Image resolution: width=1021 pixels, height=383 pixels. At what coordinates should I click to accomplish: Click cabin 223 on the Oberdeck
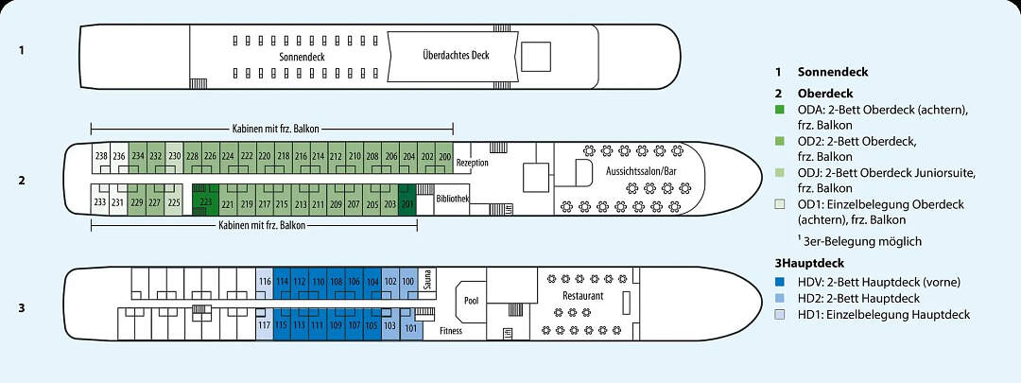point(205,200)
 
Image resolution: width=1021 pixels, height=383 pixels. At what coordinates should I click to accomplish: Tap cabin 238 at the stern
point(101,156)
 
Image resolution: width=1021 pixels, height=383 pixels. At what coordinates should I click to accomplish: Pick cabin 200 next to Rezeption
point(445,156)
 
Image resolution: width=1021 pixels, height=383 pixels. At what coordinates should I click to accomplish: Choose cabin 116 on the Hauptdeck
point(265,282)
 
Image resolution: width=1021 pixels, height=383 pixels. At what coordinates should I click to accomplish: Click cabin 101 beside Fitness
point(409,328)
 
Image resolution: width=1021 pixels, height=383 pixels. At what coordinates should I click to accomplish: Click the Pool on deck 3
point(472,301)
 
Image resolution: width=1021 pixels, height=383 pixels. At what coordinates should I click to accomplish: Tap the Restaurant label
point(582,296)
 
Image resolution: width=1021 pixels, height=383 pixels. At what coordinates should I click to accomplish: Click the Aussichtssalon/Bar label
point(642,169)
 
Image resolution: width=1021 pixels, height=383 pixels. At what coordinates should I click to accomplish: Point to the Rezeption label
point(472,163)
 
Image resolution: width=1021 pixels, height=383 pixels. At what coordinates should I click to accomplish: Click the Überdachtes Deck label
point(457,55)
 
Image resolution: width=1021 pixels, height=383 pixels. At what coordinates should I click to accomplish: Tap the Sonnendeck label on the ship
point(303,57)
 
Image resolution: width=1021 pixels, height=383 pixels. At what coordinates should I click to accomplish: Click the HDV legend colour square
point(779,281)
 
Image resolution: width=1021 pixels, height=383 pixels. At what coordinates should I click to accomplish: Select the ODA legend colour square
point(779,111)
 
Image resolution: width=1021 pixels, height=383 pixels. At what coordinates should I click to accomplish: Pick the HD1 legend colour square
point(779,315)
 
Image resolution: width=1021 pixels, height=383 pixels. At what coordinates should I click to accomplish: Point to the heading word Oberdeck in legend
point(825,94)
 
